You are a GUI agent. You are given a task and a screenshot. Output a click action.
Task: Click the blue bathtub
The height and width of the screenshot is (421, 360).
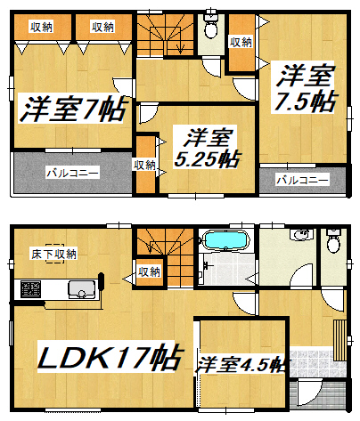[x=225, y=239]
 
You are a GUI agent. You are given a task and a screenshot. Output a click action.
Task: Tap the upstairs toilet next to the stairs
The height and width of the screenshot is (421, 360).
[x=211, y=26]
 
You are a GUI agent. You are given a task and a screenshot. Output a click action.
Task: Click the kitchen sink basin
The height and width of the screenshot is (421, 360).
[x=81, y=289]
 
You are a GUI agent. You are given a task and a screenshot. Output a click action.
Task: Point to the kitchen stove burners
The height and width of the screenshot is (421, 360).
[x=30, y=289]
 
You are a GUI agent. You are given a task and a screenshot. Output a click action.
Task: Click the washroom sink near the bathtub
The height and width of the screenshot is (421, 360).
[x=301, y=234]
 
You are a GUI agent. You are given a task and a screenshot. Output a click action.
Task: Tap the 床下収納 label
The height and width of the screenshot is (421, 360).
[x=54, y=255]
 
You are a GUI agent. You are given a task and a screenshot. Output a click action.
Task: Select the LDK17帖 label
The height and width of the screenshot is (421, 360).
[x=110, y=357]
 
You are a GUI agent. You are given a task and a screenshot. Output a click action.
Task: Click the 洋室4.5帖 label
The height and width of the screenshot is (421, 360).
[x=241, y=364]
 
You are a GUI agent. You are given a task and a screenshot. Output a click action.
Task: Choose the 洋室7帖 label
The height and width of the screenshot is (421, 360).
[x=73, y=108]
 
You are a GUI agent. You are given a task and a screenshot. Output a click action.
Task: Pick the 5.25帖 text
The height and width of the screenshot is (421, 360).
[x=207, y=158]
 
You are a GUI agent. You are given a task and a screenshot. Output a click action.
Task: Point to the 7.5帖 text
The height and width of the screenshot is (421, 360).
[x=305, y=101]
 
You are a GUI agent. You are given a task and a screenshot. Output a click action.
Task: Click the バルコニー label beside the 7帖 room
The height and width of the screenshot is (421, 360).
[x=72, y=173]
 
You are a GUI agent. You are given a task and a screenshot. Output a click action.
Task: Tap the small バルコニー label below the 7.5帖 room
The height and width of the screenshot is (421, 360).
[x=302, y=180]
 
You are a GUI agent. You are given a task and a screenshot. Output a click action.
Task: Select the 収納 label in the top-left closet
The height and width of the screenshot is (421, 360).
[x=41, y=27]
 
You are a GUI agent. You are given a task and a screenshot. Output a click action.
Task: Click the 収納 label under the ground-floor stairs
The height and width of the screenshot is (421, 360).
[x=149, y=271]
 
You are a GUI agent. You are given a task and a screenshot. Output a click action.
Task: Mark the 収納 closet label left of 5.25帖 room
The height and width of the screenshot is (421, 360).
[x=144, y=166]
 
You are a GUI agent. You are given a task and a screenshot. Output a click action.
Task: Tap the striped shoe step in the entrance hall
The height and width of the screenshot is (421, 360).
[x=340, y=340]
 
